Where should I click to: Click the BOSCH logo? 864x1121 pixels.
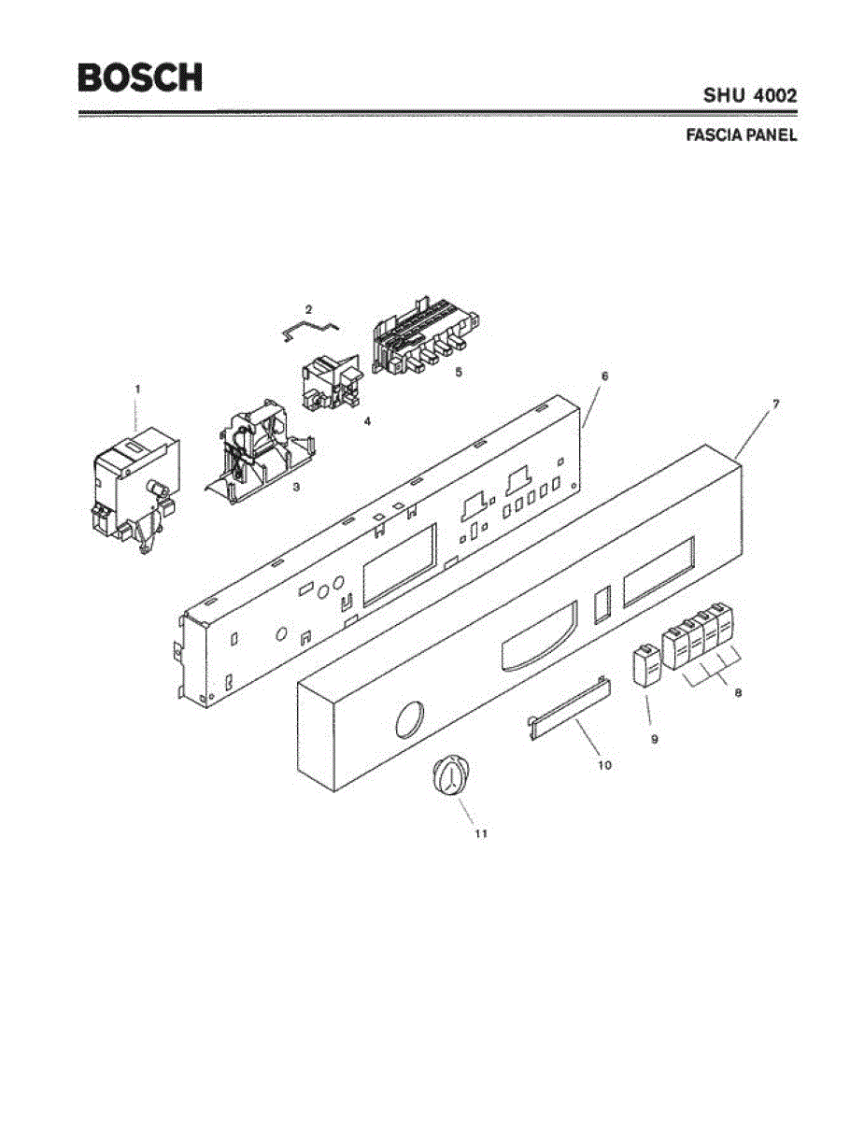tap(140, 77)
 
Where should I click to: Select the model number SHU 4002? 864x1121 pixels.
tap(750, 95)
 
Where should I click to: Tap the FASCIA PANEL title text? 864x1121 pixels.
tap(741, 135)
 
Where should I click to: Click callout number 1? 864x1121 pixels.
tap(137, 387)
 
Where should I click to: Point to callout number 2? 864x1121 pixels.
tap(308, 308)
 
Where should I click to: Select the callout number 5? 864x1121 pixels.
tap(458, 371)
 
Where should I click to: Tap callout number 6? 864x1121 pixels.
tap(603, 376)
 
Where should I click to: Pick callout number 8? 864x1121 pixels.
tap(738, 693)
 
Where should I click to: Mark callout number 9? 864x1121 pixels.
tap(654, 738)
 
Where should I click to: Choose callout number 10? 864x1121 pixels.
tap(604, 764)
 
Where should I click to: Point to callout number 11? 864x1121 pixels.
tap(480, 833)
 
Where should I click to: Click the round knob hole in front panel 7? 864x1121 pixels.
tap(407, 720)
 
